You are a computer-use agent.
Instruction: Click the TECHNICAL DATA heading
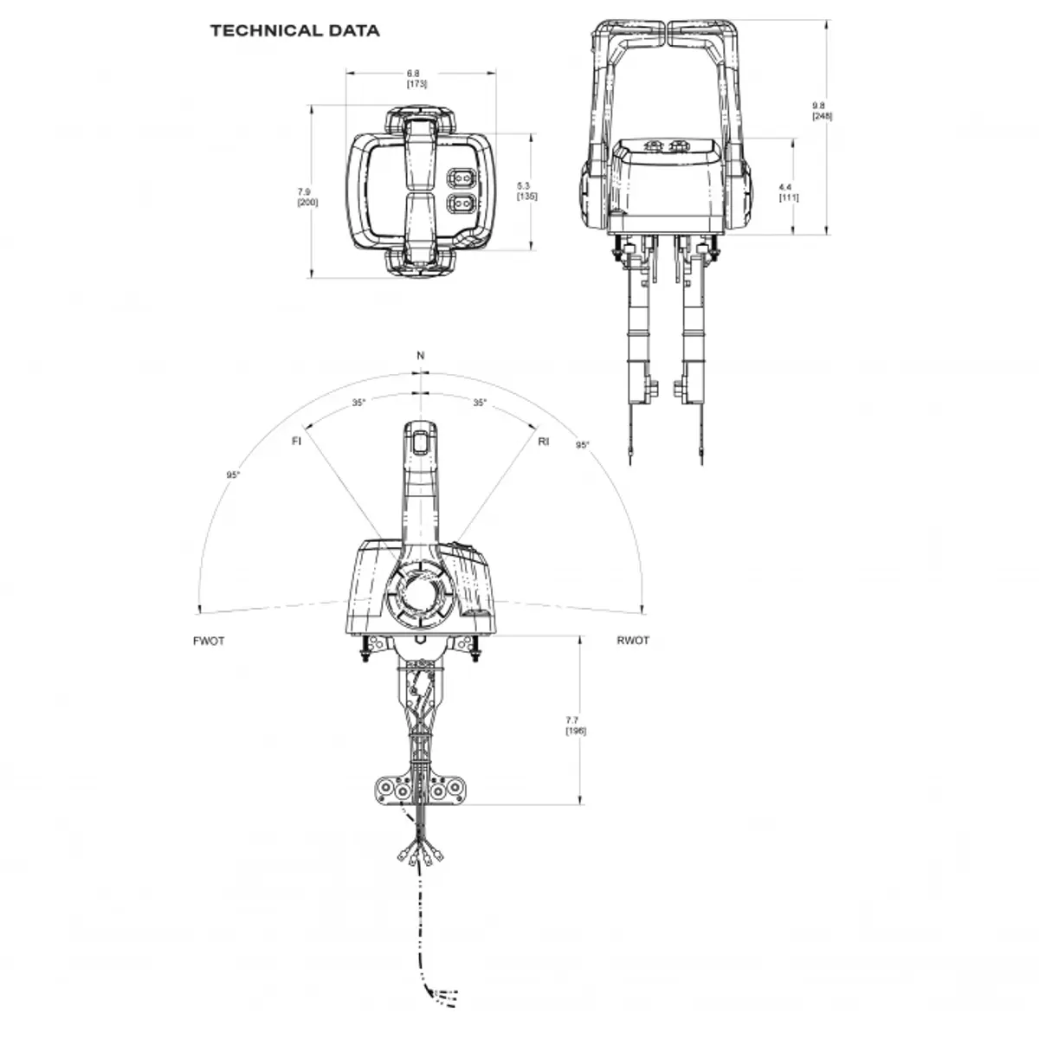click(x=295, y=30)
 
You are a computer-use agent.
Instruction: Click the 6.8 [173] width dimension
click(x=416, y=78)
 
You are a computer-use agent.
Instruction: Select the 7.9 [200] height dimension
click(x=308, y=197)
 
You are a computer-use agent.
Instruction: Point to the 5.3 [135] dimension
click(x=526, y=190)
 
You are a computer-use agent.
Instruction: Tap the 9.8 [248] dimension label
click(x=823, y=111)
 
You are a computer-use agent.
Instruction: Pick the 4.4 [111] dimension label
click(x=789, y=192)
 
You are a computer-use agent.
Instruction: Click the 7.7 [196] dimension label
click(x=576, y=726)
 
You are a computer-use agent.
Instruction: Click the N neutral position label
click(x=421, y=355)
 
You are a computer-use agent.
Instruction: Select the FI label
click(x=297, y=441)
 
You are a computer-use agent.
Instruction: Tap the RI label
click(x=544, y=442)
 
